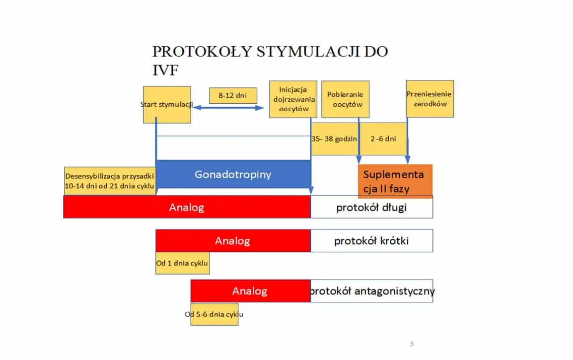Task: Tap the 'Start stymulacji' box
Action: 167,105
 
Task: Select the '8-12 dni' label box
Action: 233,95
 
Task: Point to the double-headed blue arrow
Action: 228,107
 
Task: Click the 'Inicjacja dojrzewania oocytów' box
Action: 293,99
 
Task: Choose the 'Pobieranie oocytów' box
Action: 345,99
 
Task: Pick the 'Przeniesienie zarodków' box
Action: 430,99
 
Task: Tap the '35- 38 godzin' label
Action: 334,139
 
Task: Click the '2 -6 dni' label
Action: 383,139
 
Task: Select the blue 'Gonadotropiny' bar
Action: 233,174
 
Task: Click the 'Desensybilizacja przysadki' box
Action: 110,181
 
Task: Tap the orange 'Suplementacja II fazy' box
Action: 395,181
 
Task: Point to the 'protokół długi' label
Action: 371,207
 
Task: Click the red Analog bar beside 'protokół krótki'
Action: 233,240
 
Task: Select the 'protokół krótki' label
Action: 371,240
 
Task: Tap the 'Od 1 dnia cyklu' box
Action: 182,263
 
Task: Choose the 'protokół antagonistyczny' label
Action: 371,291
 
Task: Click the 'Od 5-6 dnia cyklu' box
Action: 214,314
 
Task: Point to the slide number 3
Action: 412,344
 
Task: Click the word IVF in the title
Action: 165,70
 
